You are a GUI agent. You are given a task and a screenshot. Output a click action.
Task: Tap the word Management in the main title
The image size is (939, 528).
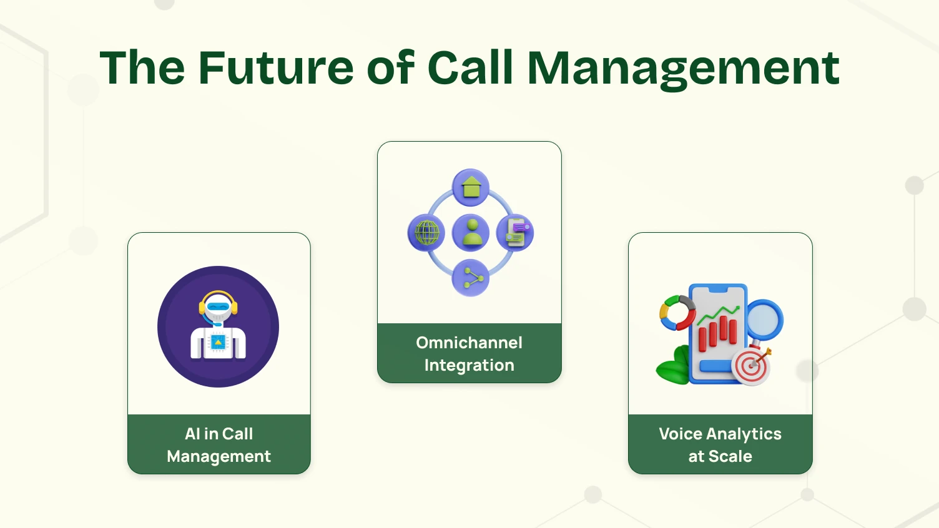683,69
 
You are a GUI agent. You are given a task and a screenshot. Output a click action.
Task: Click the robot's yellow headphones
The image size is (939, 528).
218,299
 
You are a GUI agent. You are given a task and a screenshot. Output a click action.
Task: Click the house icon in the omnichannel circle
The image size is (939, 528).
471,187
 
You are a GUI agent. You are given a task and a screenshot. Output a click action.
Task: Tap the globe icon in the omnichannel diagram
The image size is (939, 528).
426,233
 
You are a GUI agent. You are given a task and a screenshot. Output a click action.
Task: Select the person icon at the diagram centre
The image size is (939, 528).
471,232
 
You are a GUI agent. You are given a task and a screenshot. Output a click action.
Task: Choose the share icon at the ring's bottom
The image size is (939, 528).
471,278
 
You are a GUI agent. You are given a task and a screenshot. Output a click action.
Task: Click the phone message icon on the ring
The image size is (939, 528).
515,232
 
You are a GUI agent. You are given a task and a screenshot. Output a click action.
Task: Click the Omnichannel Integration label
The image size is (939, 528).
469,354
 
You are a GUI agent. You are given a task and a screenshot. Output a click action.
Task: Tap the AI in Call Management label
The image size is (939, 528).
219,445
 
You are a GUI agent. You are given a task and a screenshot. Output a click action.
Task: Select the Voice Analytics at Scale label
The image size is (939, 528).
720,445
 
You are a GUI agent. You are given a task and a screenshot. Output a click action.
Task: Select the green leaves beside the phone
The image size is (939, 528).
673,368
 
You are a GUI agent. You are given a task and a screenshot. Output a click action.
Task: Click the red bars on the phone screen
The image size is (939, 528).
718,331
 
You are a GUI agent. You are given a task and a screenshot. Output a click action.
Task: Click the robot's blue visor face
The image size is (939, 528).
218,307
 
